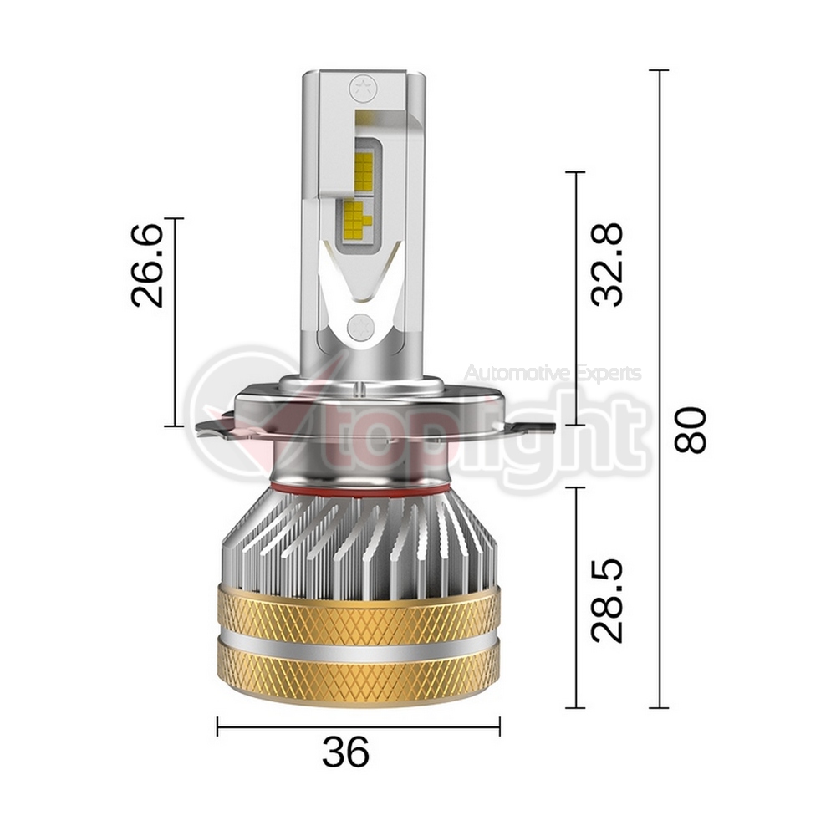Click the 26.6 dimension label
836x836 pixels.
[x=147, y=265]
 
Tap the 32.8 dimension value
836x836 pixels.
[x=607, y=264]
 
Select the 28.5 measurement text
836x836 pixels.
[x=607, y=600]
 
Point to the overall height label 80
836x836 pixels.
[x=690, y=430]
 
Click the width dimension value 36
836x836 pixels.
[x=345, y=752]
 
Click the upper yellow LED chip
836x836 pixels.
[x=364, y=171]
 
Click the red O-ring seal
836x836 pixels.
[x=359, y=488]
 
